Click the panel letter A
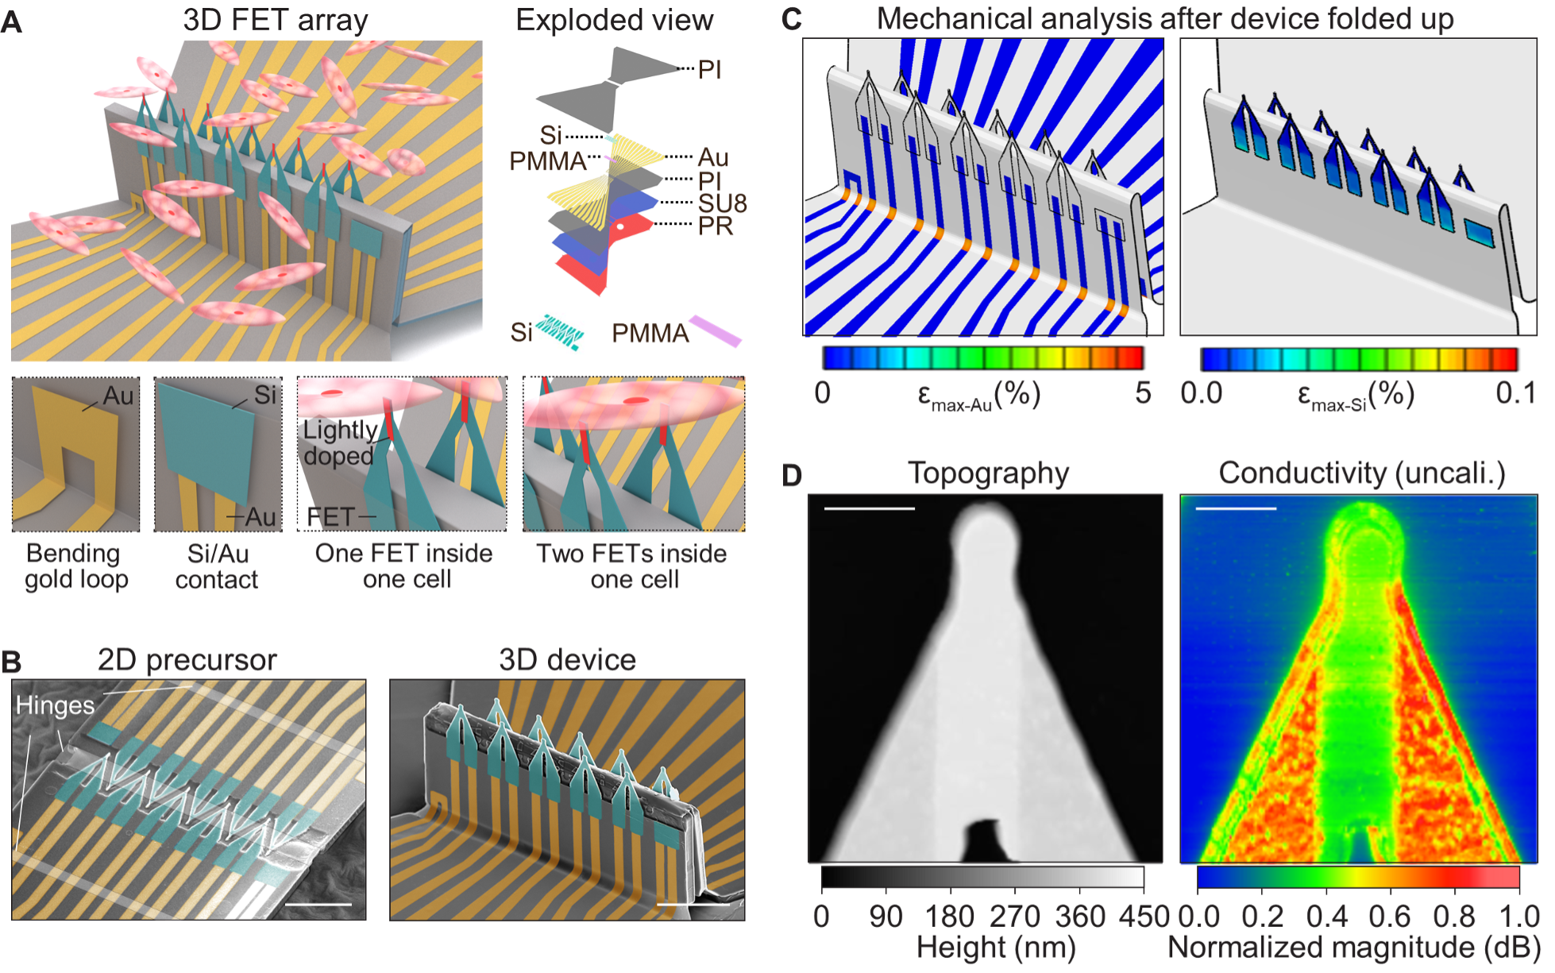(11, 21)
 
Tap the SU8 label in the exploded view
(722, 203)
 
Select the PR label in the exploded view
(715, 226)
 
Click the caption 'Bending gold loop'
(75, 566)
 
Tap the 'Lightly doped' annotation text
(340, 442)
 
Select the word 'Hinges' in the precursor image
(55, 705)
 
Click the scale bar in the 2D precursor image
(318, 904)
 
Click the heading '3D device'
(567, 660)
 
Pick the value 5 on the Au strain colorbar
(1142, 393)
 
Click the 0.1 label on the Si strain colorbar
(1514, 393)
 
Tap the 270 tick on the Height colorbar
(1014, 917)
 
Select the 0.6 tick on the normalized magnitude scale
(1389, 917)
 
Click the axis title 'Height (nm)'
(995, 948)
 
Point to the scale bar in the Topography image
(870, 508)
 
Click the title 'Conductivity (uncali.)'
(1361, 473)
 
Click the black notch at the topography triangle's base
(985, 842)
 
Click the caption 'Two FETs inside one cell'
(632, 566)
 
